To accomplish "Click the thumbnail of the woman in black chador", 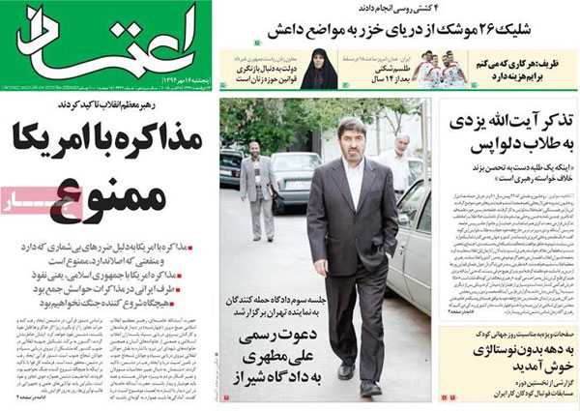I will pos(318,69).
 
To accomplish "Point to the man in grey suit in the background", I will pos(258,189).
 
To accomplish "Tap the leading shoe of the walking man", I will pos(370,387).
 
